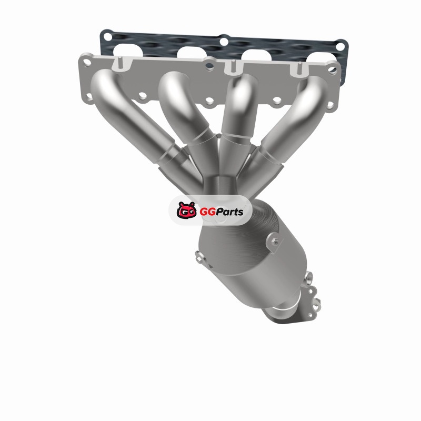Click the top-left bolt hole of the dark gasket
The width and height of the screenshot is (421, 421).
pyautogui.click(x=108, y=37)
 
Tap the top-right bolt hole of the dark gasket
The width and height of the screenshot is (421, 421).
pyautogui.click(x=340, y=46)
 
